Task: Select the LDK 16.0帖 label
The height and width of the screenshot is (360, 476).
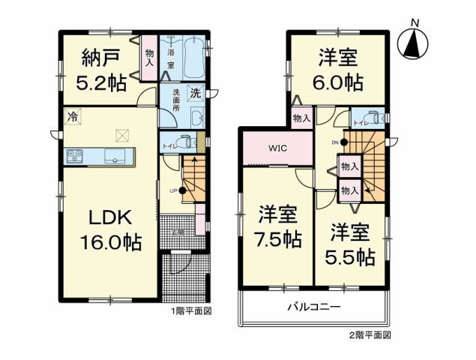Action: (x=111, y=230)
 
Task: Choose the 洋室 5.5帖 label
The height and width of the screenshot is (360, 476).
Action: (x=350, y=245)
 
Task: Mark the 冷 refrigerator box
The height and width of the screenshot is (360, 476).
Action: (x=73, y=117)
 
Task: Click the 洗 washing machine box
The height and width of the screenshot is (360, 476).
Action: (x=194, y=94)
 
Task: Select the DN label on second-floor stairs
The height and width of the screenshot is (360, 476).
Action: (x=335, y=140)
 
